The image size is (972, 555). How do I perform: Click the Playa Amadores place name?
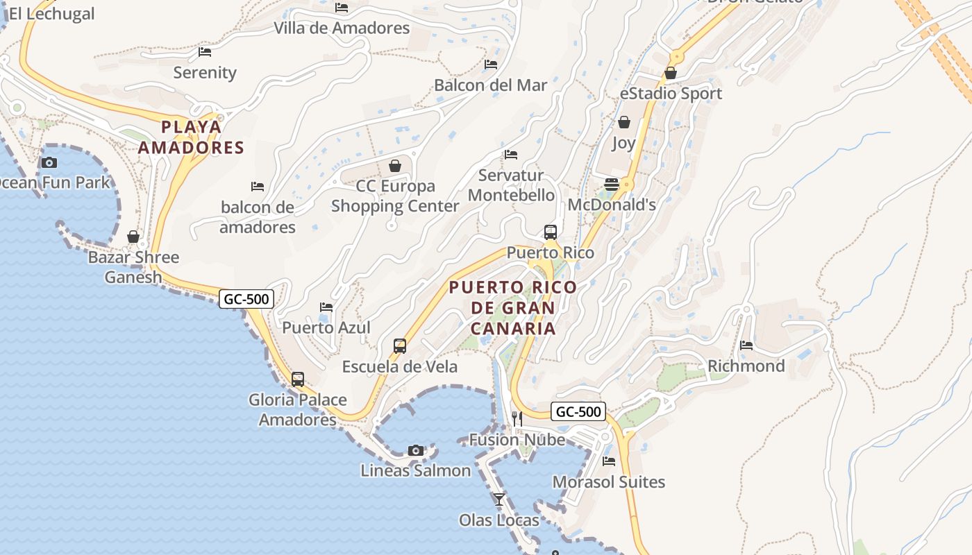point(191,137)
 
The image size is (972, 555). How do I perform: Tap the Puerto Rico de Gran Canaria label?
point(513,307)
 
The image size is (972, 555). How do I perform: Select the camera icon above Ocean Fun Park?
point(49,163)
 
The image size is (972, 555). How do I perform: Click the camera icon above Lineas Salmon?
point(416,450)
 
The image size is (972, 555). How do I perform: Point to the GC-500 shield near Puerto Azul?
point(246,299)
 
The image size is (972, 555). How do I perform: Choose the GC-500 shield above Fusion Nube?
point(578,411)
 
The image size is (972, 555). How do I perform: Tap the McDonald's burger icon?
point(612,184)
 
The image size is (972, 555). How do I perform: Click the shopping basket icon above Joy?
point(624,122)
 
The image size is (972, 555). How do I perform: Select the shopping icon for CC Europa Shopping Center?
point(395,166)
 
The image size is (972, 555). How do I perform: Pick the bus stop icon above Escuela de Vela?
point(400,345)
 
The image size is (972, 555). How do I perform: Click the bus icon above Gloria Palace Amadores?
point(298,379)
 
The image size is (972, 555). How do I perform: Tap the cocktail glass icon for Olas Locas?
point(499,499)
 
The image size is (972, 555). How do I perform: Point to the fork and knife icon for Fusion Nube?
point(517,418)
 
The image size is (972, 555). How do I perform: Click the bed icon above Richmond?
point(746,345)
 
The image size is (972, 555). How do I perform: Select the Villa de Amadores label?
point(342,28)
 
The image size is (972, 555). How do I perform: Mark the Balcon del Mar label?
point(491,85)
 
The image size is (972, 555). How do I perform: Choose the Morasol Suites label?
point(609,482)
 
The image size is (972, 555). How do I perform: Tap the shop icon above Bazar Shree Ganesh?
point(133,237)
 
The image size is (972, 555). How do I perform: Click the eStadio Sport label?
point(671,94)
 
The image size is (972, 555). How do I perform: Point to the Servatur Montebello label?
point(512,185)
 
